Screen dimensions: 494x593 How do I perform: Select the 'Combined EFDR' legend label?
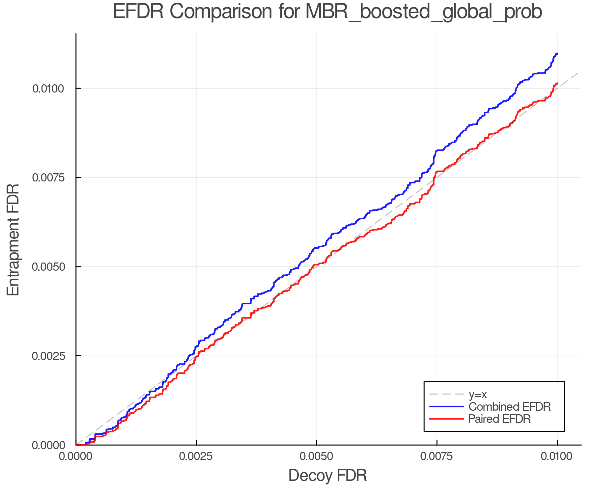click(509, 407)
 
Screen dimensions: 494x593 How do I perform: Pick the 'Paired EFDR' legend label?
click(499, 419)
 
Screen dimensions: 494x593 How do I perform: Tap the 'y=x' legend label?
click(478, 394)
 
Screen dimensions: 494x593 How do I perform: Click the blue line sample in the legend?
click(446, 407)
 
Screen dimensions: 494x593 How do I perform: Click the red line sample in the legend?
click(446, 419)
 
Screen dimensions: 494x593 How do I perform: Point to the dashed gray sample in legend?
click(446, 394)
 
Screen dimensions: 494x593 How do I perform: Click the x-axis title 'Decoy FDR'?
click(327, 476)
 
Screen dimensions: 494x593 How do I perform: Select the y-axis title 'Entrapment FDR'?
click(14, 239)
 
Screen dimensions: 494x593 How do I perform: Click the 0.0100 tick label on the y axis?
click(48, 89)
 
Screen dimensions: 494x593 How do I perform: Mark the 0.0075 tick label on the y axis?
click(48, 178)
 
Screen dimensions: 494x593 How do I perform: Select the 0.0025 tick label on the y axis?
click(48, 356)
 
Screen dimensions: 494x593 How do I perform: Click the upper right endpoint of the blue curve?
click(557, 53)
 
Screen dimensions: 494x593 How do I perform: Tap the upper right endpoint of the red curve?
click(557, 83)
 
